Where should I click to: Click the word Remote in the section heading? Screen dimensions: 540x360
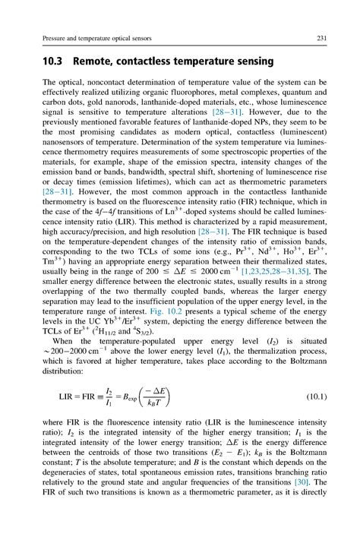click(99, 61)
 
